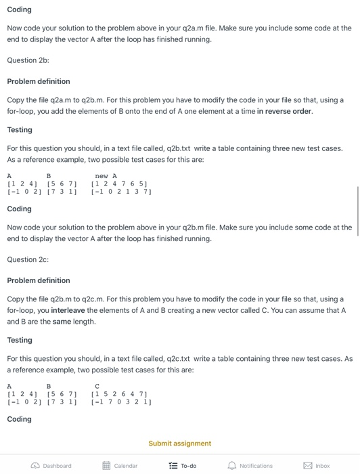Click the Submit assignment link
[x=179, y=444]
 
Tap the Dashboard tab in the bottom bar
[x=52, y=466]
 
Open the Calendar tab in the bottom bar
[x=121, y=466]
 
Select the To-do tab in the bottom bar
[x=182, y=466]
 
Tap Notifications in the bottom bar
[x=250, y=466]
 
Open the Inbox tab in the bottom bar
[x=317, y=466]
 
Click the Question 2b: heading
[x=28, y=60]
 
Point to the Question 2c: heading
[x=28, y=259]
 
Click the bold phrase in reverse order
[x=284, y=111]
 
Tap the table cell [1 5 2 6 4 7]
[x=118, y=393]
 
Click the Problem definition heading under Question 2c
[x=39, y=280]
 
